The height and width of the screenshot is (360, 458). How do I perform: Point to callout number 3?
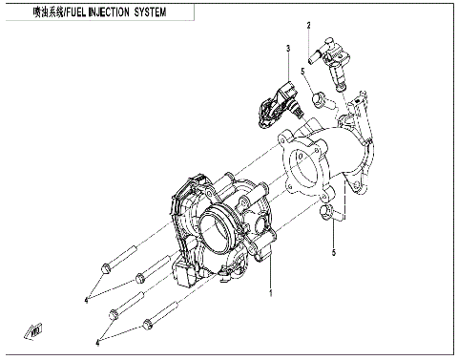(x=285, y=47)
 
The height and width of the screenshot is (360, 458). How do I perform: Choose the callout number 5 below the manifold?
(x=333, y=252)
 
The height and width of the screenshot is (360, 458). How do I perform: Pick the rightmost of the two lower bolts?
(x=161, y=321)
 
